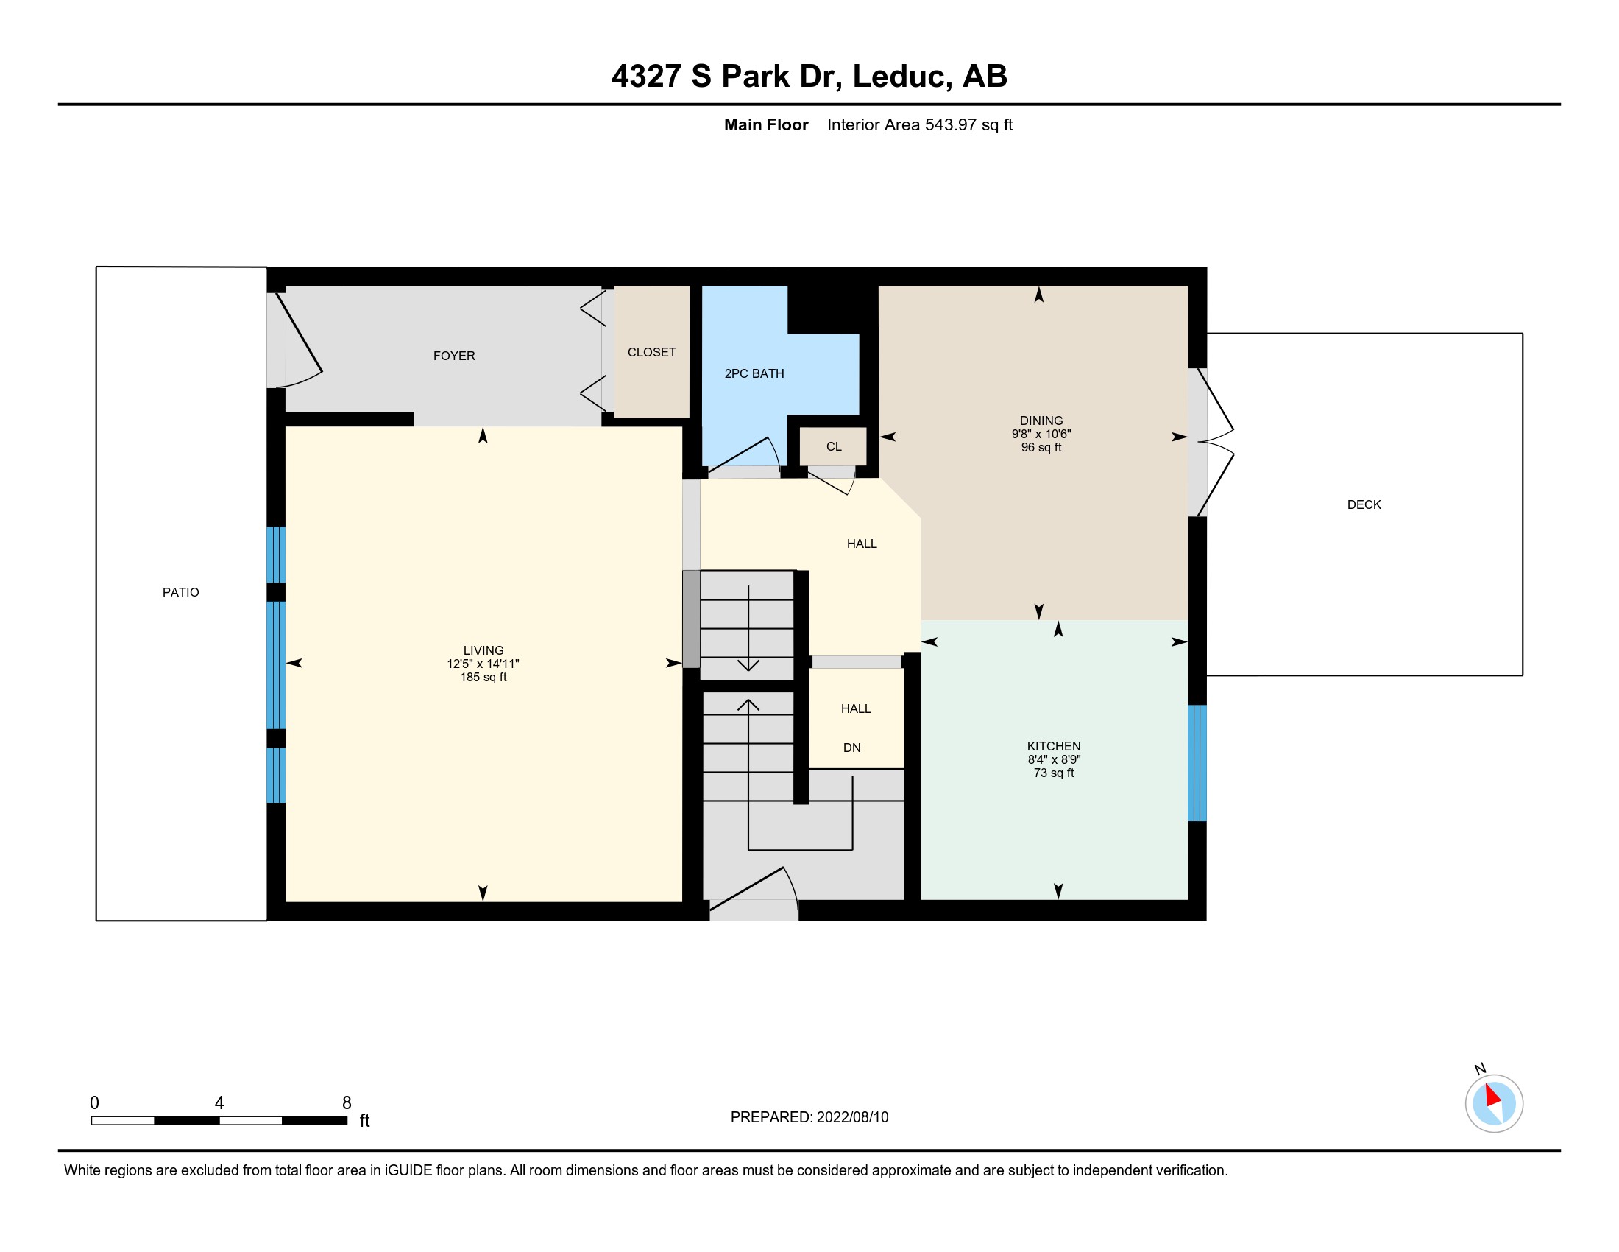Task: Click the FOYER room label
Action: point(453,356)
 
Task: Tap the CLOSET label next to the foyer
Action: point(651,352)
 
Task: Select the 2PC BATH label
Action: point(754,374)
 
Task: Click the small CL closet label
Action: point(834,446)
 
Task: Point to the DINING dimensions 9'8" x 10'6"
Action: point(1041,434)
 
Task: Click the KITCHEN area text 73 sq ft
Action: point(1053,773)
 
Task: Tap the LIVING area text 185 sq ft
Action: point(483,677)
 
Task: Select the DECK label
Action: point(1364,504)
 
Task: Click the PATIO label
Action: point(181,592)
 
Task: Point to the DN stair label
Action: point(851,748)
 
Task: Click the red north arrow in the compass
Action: point(1493,1094)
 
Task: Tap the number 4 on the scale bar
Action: point(219,1103)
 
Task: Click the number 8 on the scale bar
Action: point(346,1103)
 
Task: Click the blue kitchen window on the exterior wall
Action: point(1197,762)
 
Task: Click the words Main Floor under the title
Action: point(766,124)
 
